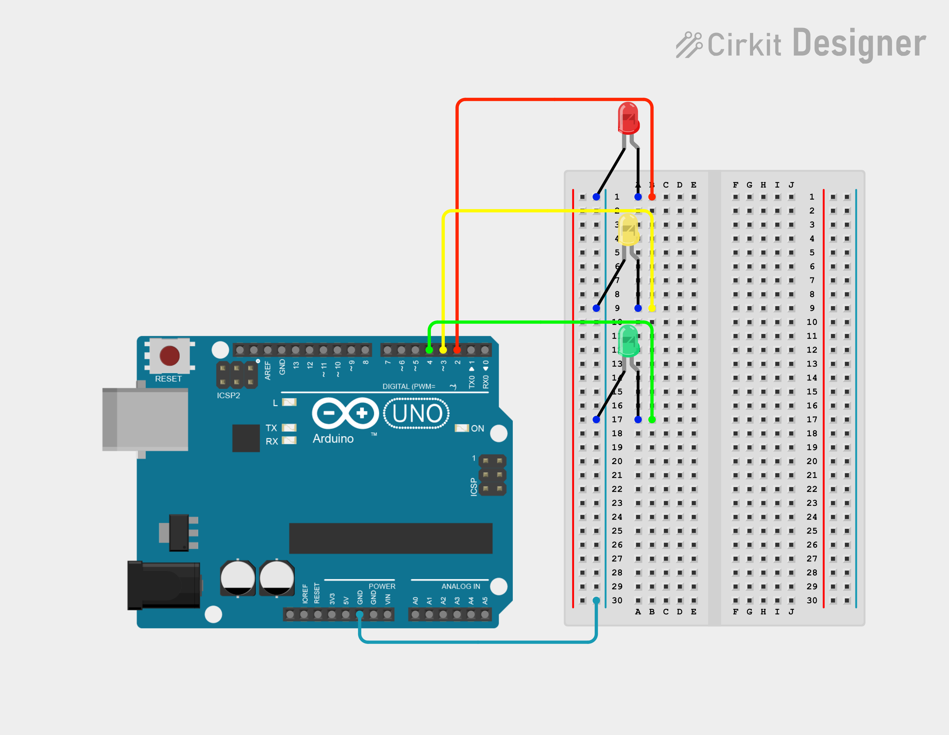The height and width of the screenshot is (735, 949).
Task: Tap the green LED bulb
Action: coord(628,341)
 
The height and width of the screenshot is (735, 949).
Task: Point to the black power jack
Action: coord(164,585)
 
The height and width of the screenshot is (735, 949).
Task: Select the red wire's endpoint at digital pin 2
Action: coord(457,350)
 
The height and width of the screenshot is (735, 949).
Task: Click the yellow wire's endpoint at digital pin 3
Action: coord(443,350)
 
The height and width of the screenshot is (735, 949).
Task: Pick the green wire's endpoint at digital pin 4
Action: coord(429,350)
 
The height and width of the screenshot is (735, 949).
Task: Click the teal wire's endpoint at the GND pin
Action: coord(360,614)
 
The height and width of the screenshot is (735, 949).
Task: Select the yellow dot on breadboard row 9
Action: coord(652,308)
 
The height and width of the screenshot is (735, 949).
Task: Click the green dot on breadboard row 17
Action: coord(652,420)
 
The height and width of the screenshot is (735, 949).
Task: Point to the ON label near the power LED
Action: coord(478,428)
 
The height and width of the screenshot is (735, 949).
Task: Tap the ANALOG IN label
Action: coord(461,586)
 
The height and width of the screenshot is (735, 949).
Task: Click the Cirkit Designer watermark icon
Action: coord(689,45)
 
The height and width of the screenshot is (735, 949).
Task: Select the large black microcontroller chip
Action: coord(391,538)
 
